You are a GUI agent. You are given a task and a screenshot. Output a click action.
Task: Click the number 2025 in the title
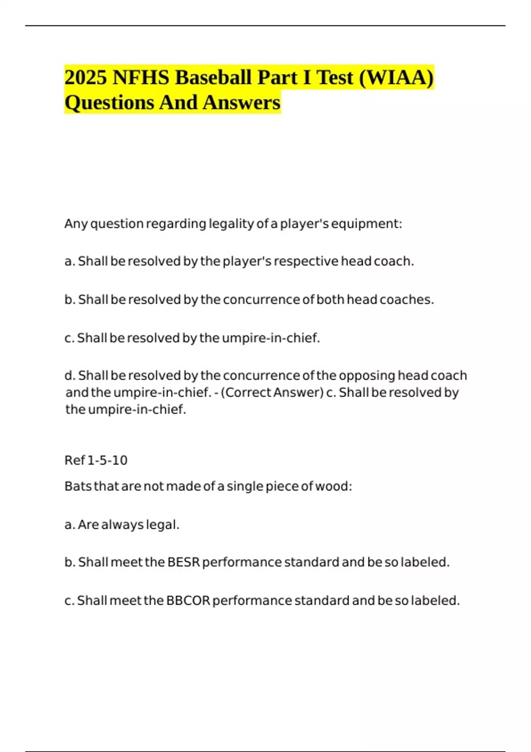86,78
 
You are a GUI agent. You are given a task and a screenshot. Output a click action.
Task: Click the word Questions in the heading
109,103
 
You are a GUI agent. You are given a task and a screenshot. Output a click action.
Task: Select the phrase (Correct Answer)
272,393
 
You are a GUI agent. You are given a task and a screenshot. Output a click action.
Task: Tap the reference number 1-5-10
108,460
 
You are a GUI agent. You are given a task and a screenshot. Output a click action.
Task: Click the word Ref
74,460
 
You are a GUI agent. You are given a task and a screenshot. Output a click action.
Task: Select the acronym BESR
184,563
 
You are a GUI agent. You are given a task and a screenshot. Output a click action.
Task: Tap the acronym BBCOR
188,601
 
